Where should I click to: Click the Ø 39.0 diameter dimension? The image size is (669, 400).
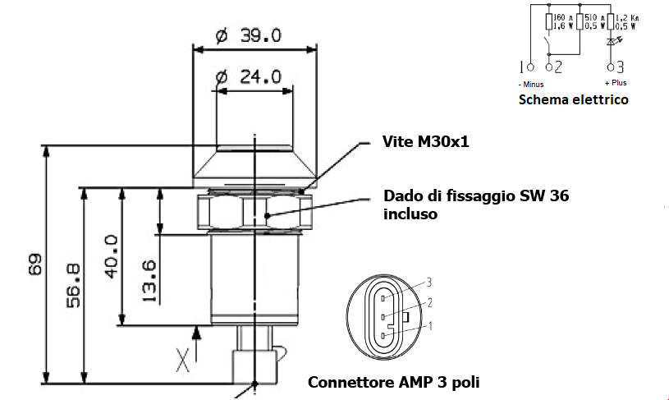click(x=248, y=35)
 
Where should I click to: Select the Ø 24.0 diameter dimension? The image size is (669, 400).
click(x=248, y=76)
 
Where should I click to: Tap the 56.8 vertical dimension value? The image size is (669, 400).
click(x=71, y=284)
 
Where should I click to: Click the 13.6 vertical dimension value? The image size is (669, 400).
click(x=149, y=282)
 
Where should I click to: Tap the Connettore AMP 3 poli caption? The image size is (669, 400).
click(x=393, y=382)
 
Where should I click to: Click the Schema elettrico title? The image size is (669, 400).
click(x=573, y=99)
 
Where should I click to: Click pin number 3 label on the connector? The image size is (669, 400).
click(x=428, y=282)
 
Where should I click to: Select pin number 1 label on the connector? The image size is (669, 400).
click(x=428, y=326)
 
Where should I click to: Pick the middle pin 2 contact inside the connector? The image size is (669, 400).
click(x=384, y=316)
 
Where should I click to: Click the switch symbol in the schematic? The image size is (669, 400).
click(x=548, y=43)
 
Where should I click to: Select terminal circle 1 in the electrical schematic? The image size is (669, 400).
click(x=530, y=67)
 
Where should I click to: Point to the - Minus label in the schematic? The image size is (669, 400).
click(x=530, y=84)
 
